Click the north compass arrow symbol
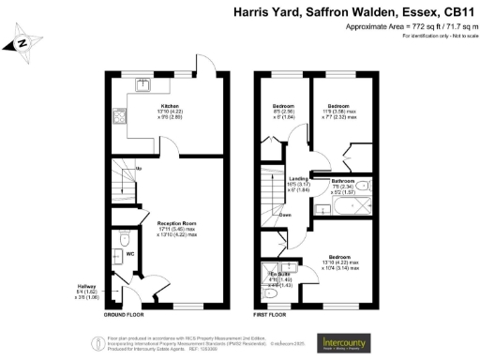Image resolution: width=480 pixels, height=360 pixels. [24, 42]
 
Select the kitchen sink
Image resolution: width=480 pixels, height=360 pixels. [143, 86]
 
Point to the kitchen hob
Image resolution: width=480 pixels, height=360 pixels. [120, 119]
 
